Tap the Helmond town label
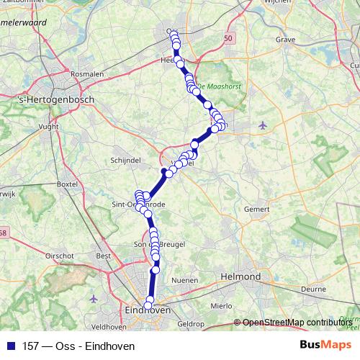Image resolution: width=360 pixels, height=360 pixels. (240, 276)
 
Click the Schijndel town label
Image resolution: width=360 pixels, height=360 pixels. (125, 161)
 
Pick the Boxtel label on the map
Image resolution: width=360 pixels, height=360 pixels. (67, 184)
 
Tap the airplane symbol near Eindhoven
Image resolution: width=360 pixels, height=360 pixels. (93, 297)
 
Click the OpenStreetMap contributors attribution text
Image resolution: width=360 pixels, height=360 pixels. (297, 323)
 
